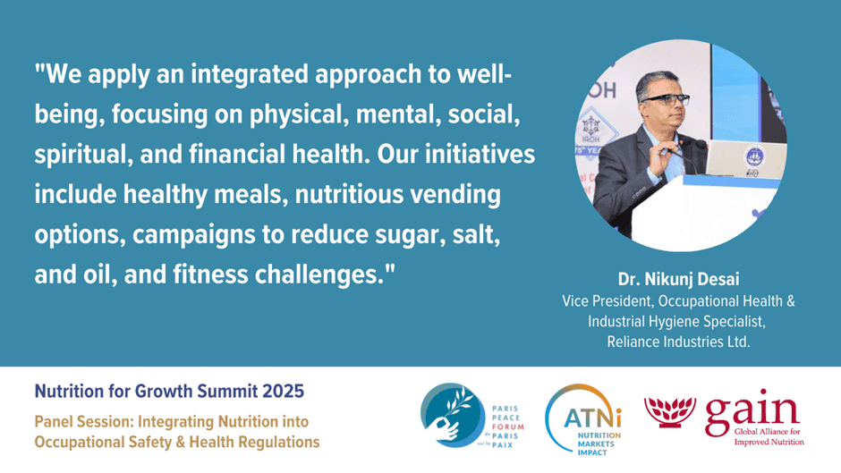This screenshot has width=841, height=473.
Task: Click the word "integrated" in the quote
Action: pos(250,74)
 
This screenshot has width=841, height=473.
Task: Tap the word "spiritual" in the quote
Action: pos(80,155)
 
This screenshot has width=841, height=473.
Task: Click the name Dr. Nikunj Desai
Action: pos(678,279)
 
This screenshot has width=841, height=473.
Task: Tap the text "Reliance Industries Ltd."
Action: pos(678,342)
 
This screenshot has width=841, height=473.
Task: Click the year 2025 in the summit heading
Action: pos(284,391)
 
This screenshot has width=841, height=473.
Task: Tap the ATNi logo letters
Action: pos(592,418)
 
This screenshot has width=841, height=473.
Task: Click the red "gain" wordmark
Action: pos(752,410)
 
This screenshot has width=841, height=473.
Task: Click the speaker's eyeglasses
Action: pos(665,100)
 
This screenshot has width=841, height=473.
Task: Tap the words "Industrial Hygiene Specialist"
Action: pos(676,322)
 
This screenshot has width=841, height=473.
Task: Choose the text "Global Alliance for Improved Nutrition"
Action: pos(769,436)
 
